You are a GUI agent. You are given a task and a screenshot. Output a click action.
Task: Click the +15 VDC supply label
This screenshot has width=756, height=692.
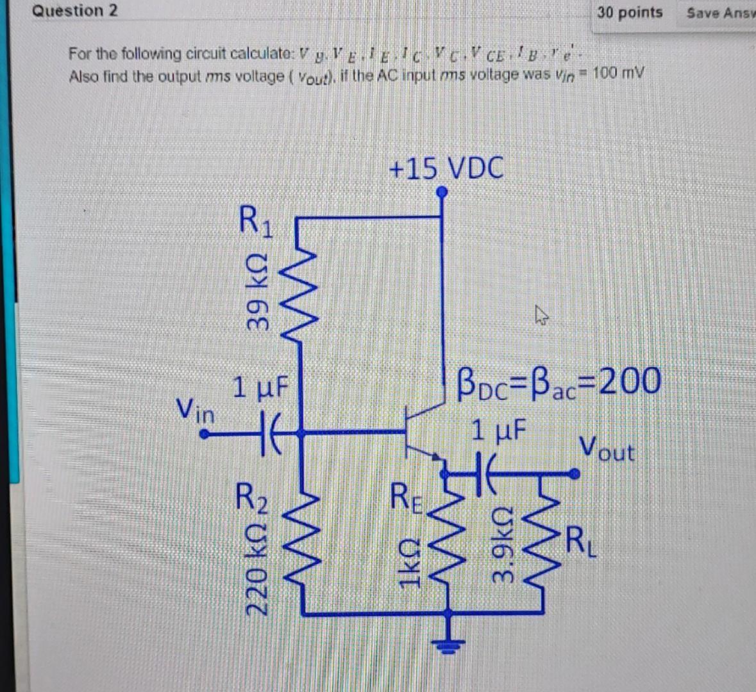(x=446, y=169)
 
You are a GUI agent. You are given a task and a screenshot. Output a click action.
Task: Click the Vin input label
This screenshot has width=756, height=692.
(x=196, y=409)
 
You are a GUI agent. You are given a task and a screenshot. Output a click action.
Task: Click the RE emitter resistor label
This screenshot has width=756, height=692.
(x=408, y=499)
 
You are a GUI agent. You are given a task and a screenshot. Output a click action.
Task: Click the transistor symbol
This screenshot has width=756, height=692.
(x=420, y=431)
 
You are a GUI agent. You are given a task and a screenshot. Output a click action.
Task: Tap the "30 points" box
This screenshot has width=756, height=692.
(x=629, y=12)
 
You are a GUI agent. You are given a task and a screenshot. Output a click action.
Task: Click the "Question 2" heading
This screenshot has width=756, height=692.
(x=76, y=11)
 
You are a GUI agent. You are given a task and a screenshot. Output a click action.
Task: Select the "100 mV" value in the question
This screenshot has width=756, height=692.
(x=617, y=74)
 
